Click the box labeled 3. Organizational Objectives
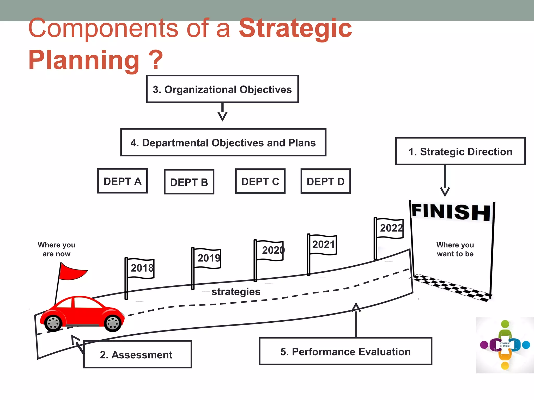click(222, 89)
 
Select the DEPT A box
click(122, 181)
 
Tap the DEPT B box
click(189, 182)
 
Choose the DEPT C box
click(260, 181)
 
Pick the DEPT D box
click(326, 181)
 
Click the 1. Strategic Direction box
click(460, 151)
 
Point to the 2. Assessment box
click(137, 354)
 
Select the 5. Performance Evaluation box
click(345, 351)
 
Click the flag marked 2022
click(390, 228)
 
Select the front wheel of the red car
click(113, 323)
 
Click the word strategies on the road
click(236, 292)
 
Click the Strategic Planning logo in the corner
click(505, 345)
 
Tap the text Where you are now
click(56, 249)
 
